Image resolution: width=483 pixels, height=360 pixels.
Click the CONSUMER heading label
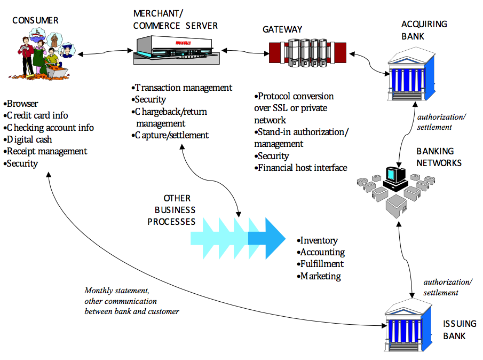35,21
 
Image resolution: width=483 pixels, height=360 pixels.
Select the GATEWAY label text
282,30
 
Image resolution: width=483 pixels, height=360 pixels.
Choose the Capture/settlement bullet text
171,135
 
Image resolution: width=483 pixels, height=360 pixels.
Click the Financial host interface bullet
302,168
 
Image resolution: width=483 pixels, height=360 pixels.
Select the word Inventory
319,241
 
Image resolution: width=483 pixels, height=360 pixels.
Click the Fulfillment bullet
322,264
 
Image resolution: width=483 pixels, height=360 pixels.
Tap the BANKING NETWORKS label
439,157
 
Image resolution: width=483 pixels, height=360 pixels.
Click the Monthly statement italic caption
131,301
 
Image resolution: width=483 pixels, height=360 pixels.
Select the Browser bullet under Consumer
22,104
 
